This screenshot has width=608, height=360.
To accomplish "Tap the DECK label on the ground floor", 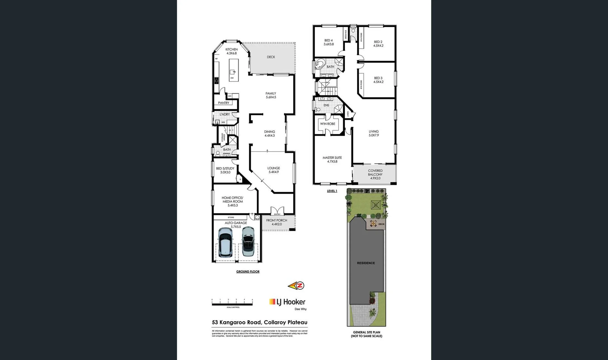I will [271, 57].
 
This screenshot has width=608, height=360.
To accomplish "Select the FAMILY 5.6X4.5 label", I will [271, 95].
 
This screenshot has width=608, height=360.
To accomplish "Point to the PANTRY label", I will [224, 103].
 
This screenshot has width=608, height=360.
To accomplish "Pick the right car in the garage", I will [248, 242].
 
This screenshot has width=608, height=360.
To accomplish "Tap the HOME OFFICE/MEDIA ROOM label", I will [233, 201].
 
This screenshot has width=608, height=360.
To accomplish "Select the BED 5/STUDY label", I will [225, 170].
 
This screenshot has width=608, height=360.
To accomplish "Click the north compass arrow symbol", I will [296, 286].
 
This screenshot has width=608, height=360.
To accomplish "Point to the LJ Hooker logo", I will [287, 302].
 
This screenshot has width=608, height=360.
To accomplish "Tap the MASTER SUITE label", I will [332, 160].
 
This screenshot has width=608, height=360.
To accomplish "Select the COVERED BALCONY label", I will [375, 174].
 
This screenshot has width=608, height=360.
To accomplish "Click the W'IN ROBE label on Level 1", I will [327, 124].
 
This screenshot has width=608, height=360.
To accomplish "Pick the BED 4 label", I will [328, 42].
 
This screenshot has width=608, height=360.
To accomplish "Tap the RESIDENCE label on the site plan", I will [366, 263].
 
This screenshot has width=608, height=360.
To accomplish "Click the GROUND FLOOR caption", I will [248, 272].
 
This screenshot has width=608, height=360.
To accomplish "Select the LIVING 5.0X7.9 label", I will [373, 133].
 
